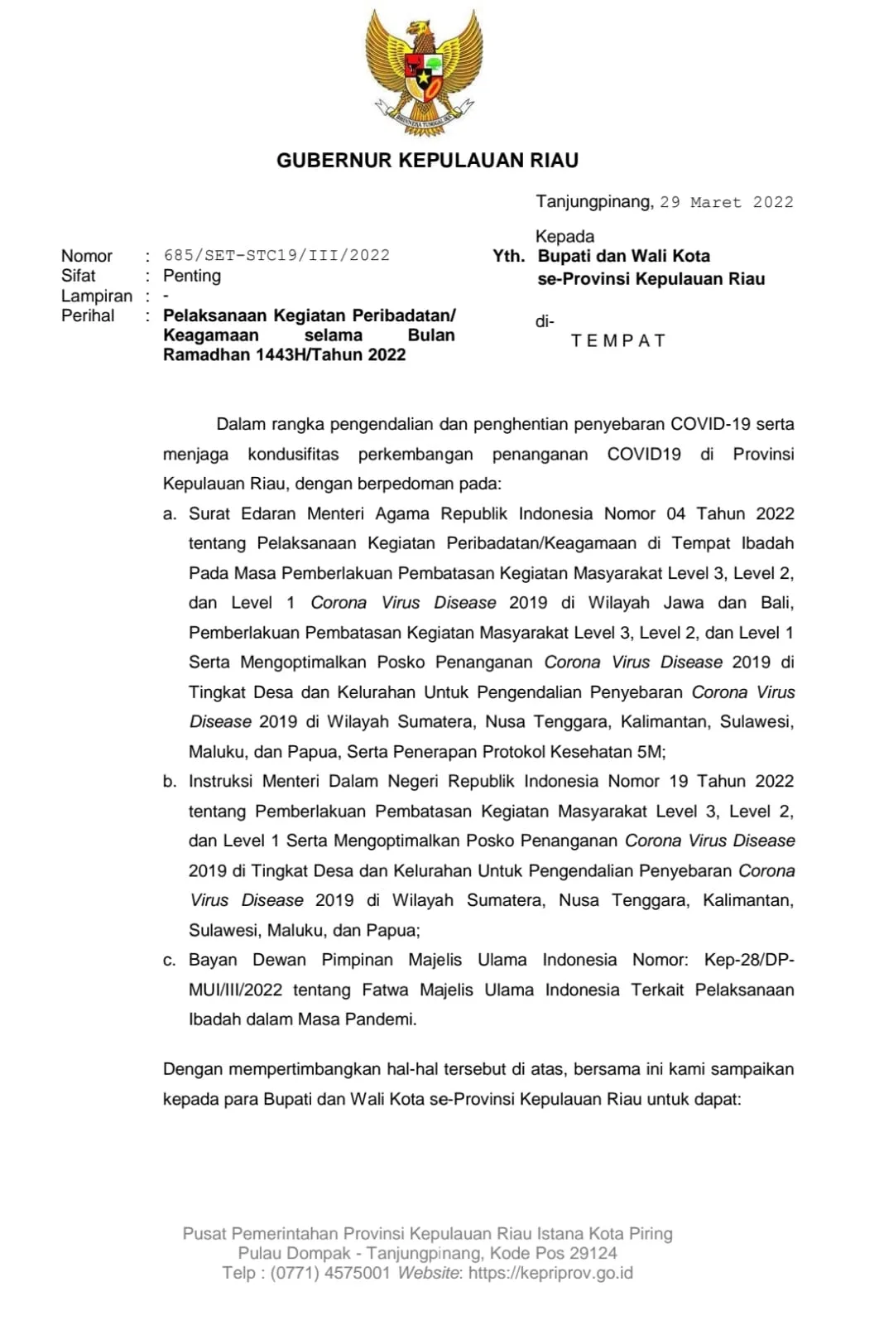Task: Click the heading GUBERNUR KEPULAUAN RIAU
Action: (427, 161)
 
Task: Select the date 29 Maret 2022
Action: (726, 202)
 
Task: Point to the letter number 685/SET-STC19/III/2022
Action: (276, 255)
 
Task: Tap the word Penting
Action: (192, 276)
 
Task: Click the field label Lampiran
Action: (96, 296)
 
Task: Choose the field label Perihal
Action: (88, 316)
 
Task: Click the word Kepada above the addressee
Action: (564, 236)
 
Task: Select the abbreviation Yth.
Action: (508, 256)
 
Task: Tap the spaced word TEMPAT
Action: (618, 340)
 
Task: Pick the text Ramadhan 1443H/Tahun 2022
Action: (284, 354)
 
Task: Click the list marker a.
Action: (170, 514)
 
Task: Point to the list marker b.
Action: (170, 782)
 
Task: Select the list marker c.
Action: (170, 961)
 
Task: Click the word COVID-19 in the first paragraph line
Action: (710, 424)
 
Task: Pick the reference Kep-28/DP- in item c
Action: (748, 960)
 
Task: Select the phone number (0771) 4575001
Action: (329, 1273)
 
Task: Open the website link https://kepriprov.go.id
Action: (550, 1273)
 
